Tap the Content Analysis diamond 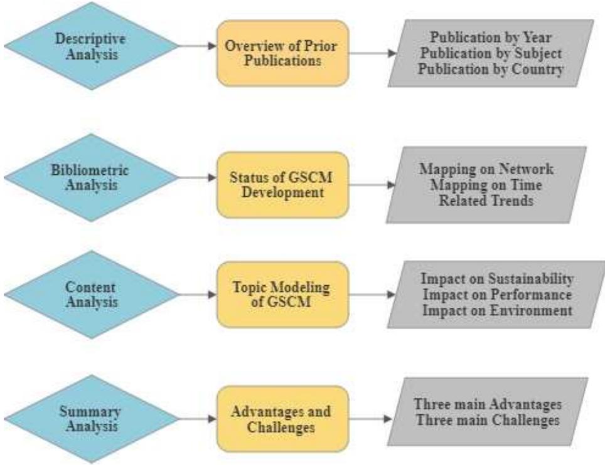pos(92,293)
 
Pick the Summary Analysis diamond pos(92,418)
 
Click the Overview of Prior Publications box pos(282,53)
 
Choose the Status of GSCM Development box pos(282,185)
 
